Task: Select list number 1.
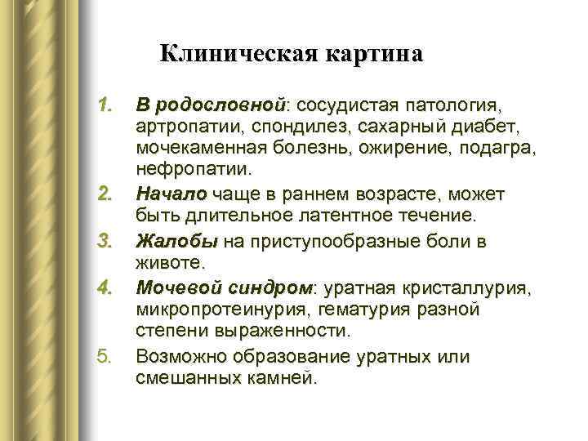[104, 106]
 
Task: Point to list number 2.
[104, 195]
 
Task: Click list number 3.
[104, 242]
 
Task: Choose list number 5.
[104, 357]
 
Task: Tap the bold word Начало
[172, 195]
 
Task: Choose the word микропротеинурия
[218, 311]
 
